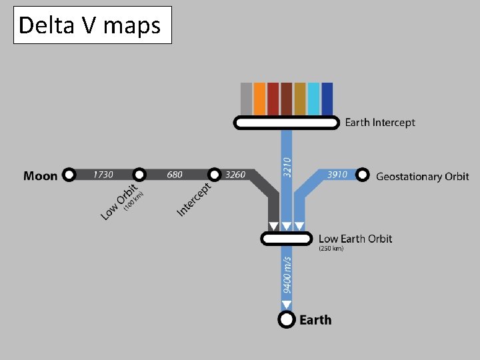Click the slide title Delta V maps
pyautogui.click(x=90, y=25)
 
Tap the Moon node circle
pyautogui.click(x=69, y=175)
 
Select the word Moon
pyautogui.click(x=41, y=176)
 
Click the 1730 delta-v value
pyautogui.click(x=103, y=175)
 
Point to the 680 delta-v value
pyautogui.click(x=175, y=175)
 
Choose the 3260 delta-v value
pyautogui.click(x=235, y=175)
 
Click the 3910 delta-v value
pyautogui.click(x=337, y=175)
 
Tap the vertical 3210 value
pyautogui.click(x=287, y=167)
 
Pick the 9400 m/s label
pyautogui.click(x=287, y=275)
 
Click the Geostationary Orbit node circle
pyautogui.click(x=362, y=175)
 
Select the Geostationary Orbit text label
pyautogui.click(x=423, y=177)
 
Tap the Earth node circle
pyautogui.click(x=287, y=320)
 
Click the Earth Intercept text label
pyautogui.click(x=379, y=123)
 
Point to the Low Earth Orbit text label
pyautogui.click(x=355, y=239)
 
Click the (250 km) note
pyautogui.click(x=331, y=249)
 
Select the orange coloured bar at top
pyautogui.click(x=259, y=98)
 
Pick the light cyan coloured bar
pyautogui.click(x=313, y=98)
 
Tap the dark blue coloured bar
pyautogui.click(x=327, y=98)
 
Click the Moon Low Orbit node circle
pyautogui.click(x=139, y=175)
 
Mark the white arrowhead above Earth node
pyautogui.click(x=287, y=305)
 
